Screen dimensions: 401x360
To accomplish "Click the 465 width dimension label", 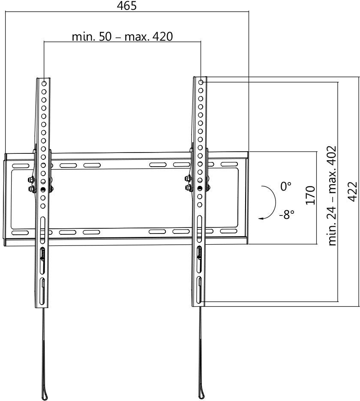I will click(x=126, y=6).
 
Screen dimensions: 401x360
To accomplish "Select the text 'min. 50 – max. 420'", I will click(x=122, y=36).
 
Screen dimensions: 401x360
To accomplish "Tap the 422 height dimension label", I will click(x=352, y=191).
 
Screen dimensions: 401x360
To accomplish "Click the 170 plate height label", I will click(x=310, y=195).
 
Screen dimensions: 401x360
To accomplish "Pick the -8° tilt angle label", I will click(x=286, y=214).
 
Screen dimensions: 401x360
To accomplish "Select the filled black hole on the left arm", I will click(x=43, y=189).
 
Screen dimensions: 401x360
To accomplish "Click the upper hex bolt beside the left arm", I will click(x=30, y=180).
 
